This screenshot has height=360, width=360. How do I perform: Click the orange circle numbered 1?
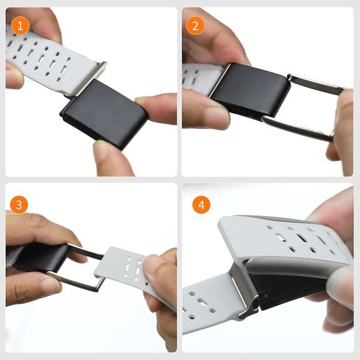pos(20,26)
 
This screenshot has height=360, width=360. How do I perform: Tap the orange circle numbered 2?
pos(195,26)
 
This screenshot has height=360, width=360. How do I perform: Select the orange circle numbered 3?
pos(19,204)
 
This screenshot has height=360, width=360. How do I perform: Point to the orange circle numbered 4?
pos(201,204)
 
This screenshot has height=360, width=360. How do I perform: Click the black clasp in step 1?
pos(104,114)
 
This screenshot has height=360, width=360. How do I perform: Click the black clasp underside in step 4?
pos(288,290)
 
